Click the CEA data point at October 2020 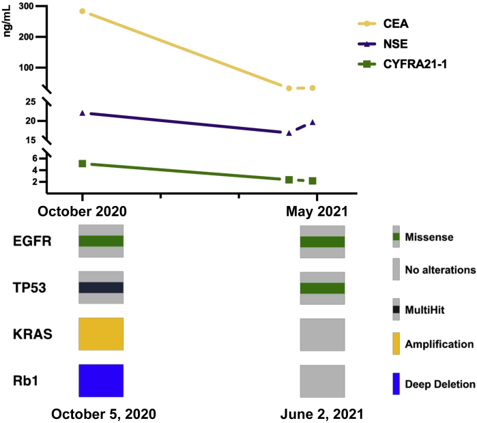click(x=82, y=12)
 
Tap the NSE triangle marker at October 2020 click(x=82, y=113)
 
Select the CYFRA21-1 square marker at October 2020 click(x=82, y=164)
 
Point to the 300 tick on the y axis click(x=27, y=6)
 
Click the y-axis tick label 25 click(x=30, y=102)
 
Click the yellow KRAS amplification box click(x=101, y=334)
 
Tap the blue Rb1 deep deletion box click(x=101, y=380)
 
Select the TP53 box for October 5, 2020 click(x=101, y=287)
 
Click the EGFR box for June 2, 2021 click(x=322, y=241)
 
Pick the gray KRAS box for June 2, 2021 click(x=322, y=334)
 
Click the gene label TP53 click(x=32, y=288)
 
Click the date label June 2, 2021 click(x=323, y=413)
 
